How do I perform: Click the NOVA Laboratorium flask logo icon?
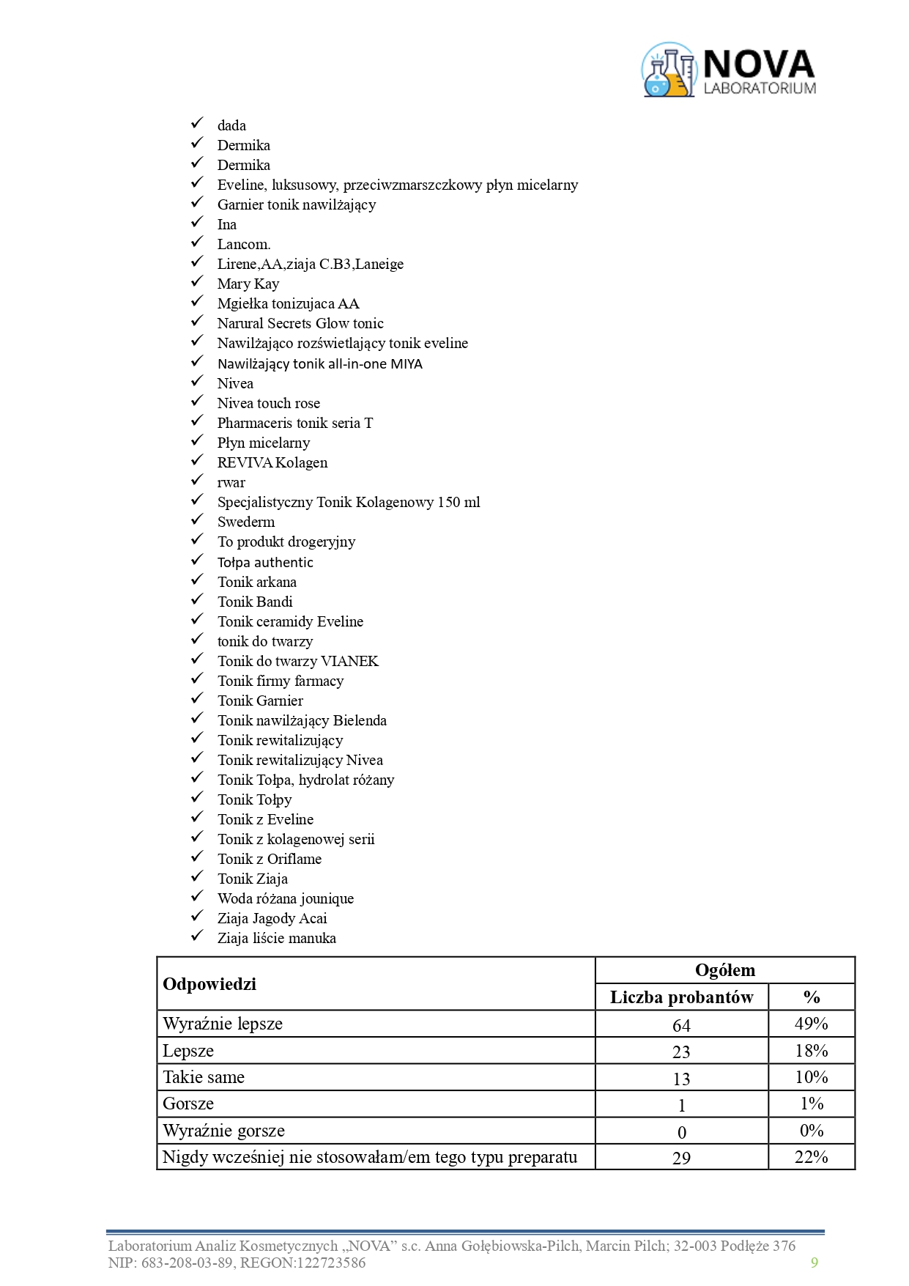pos(668,70)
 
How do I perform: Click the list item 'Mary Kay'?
pos(248,284)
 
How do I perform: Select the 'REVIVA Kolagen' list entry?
pos(272,463)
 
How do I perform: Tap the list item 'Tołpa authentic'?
pos(265,563)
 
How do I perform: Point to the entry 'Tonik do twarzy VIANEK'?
pos(297,662)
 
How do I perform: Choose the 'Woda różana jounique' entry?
pos(285,899)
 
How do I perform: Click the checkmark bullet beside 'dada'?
pos(197,124)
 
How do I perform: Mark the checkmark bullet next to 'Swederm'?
pos(197,520)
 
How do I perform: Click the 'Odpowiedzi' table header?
pos(209,984)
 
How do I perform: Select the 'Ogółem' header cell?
pos(724,970)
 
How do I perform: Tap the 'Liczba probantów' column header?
pos(681,997)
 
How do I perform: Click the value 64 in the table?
pos(681,1025)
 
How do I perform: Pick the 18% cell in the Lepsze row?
pos(811,1051)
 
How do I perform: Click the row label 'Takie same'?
pos(204,1078)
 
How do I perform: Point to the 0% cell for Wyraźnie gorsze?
pos(811,1131)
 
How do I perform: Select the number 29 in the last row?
pos(681,1158)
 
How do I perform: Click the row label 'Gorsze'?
pos(188,1104)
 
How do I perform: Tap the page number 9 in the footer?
pos(814,1262)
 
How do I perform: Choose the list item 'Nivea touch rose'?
pos(268,404)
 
